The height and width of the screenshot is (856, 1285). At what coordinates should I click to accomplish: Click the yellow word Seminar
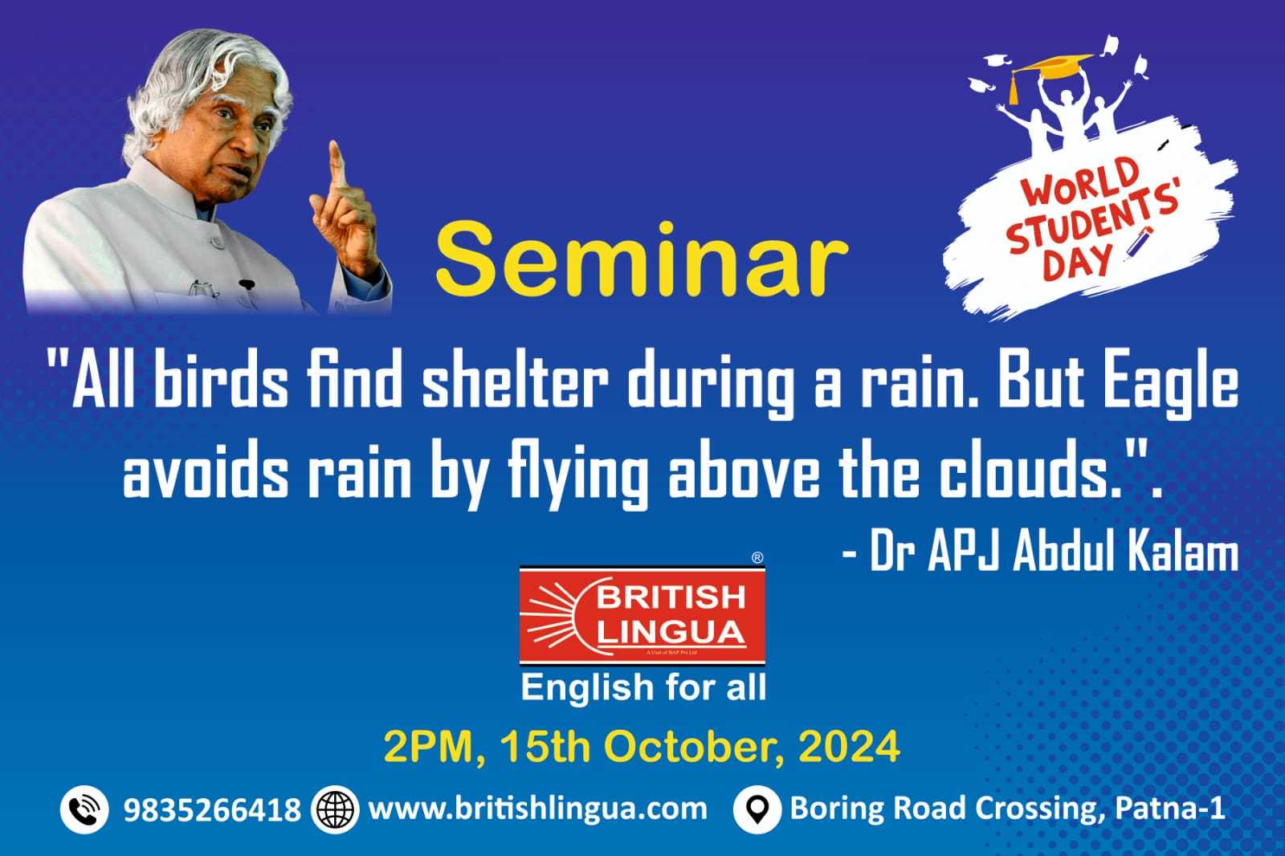642,260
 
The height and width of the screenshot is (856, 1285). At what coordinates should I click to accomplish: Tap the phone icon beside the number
84,809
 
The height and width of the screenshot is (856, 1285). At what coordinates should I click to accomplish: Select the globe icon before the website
335,809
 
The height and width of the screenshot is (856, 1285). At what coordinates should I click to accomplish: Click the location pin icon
757,809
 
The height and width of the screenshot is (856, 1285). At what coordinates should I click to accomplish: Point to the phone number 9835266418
212,809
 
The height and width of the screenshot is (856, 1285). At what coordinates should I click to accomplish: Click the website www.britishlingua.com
538,809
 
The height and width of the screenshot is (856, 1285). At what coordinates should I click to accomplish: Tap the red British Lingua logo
642,616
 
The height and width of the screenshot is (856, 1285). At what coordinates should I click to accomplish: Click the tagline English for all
643,687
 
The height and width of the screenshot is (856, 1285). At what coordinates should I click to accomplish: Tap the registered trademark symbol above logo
757,557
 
